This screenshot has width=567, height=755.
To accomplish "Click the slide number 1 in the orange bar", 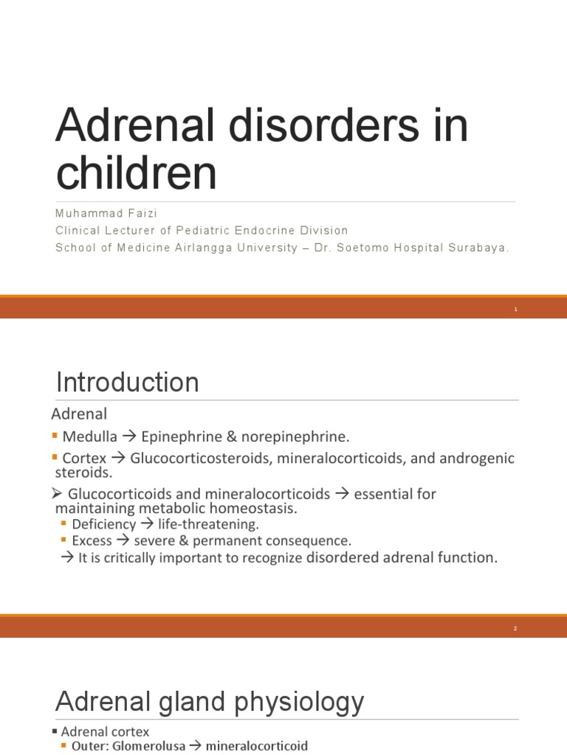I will coord(516,310).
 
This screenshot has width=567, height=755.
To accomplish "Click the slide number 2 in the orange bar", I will coord(516,629).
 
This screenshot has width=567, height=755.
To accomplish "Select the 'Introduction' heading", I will coord(128,383).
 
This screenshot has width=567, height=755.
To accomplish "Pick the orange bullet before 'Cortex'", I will coord(55,458).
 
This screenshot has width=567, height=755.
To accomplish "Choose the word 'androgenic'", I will coord(478,458).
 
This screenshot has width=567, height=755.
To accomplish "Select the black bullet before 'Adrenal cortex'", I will coord(55,732).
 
